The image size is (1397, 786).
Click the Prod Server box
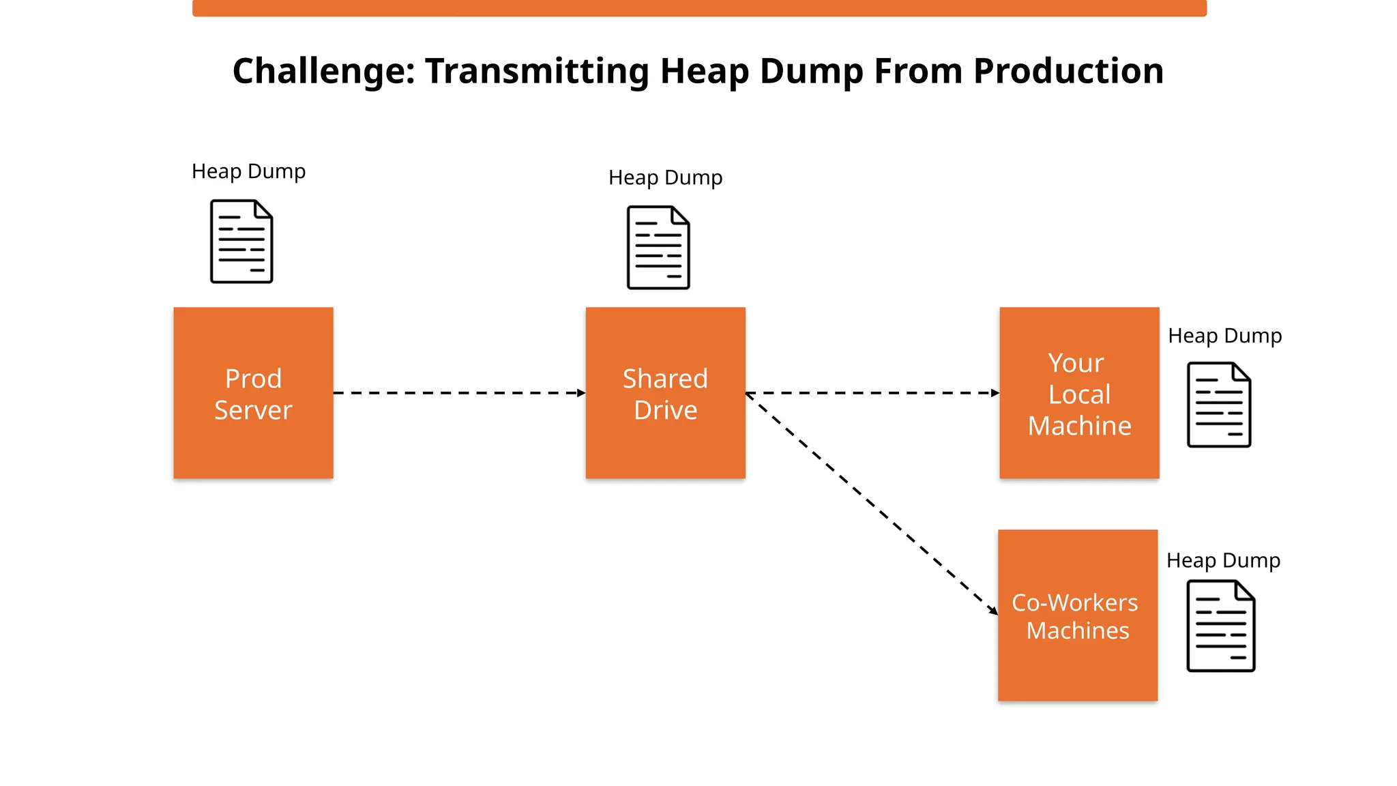253,393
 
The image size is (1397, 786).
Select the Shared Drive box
665,393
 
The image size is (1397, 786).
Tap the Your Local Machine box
1079,393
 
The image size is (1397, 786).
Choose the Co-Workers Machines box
1078,615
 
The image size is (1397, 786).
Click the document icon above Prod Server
241,242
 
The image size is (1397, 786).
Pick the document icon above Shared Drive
658,248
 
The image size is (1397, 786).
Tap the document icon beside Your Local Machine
1219,405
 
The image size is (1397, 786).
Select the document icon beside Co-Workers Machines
1221,626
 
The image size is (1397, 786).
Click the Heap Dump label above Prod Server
248,171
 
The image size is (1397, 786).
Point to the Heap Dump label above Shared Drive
665,177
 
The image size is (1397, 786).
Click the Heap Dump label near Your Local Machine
1225,336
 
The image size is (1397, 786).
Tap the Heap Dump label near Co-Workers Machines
1223,560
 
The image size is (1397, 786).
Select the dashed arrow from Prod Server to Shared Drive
458,393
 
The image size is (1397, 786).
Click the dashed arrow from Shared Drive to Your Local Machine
872,393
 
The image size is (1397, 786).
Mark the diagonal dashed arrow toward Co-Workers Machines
871,504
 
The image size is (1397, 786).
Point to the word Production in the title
1068,71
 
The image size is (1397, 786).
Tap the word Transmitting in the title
537,71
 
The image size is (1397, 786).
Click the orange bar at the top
699,8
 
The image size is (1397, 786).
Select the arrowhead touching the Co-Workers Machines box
993,611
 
